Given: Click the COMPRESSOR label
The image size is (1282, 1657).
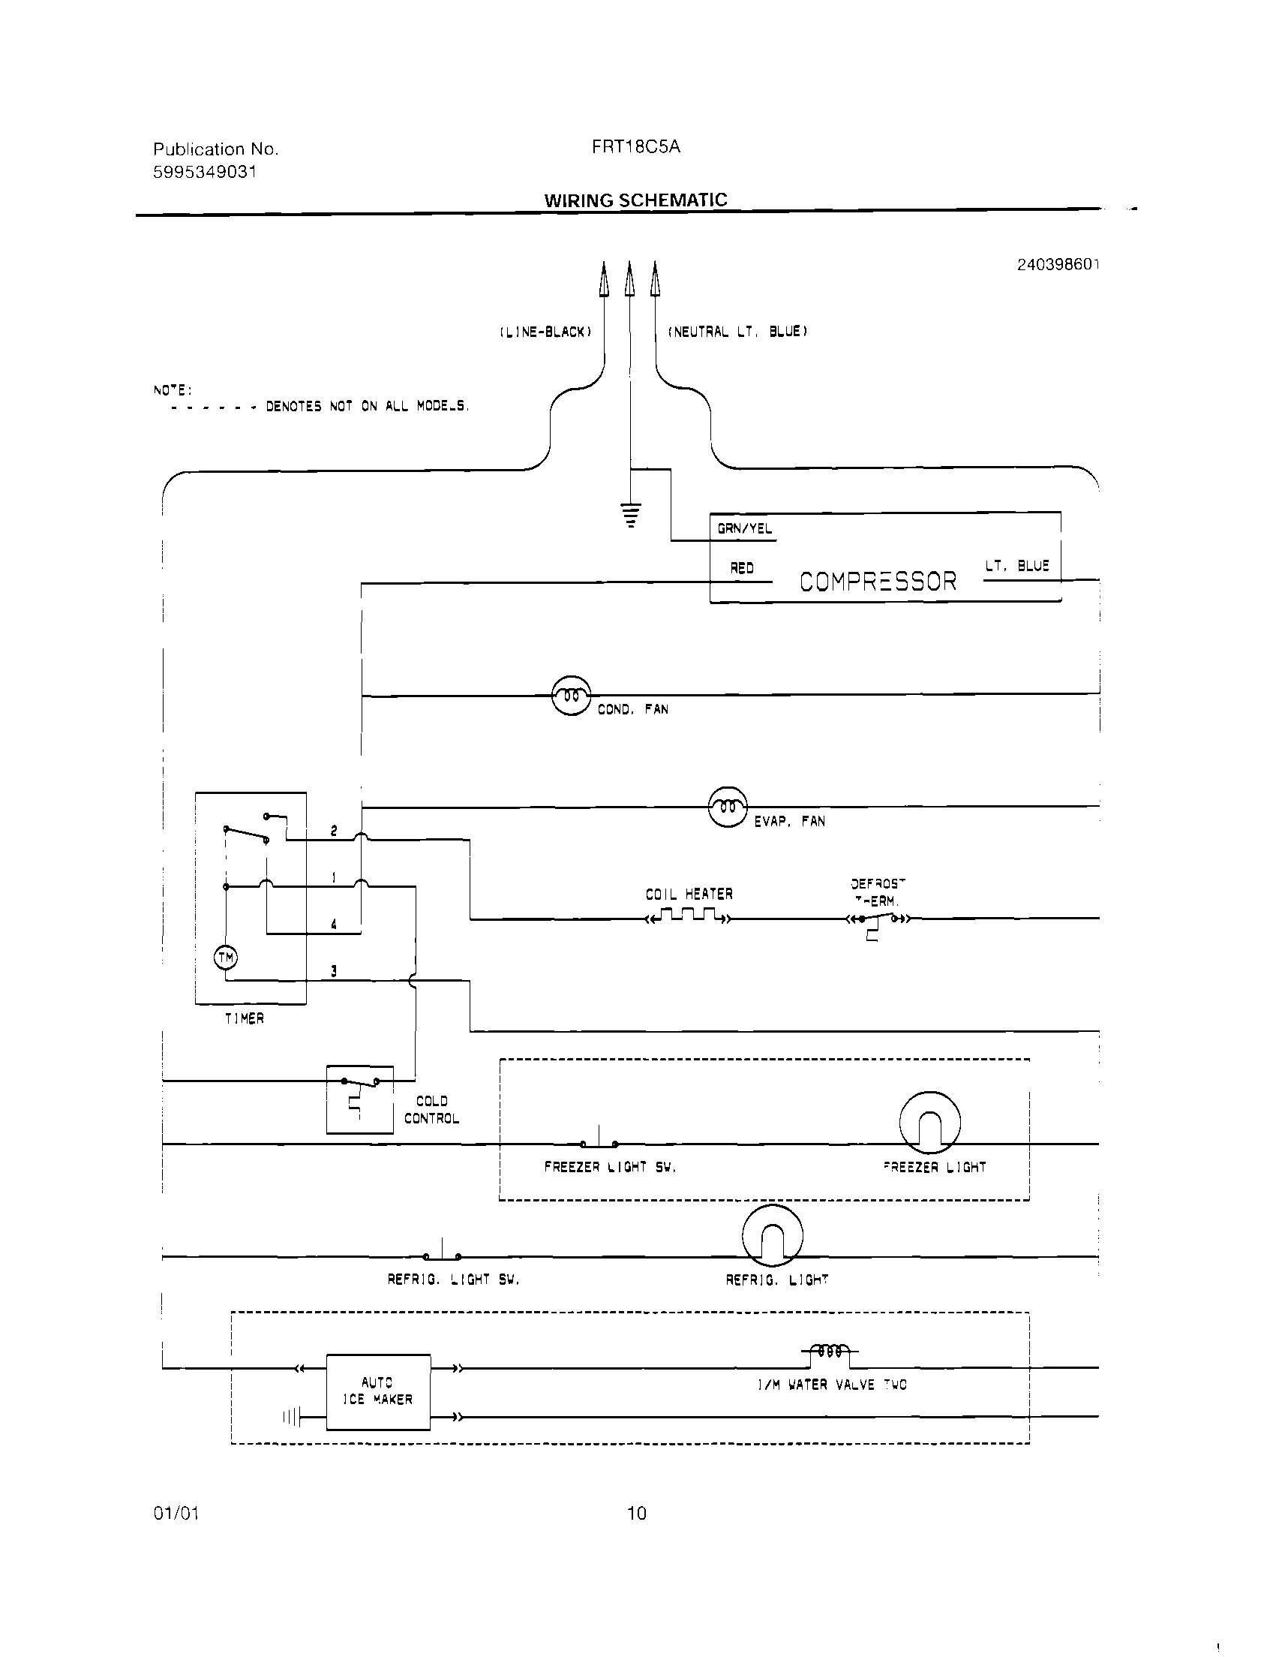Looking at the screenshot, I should (x=878, y=582).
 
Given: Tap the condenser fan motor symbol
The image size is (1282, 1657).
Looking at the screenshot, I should (x=570, y=695).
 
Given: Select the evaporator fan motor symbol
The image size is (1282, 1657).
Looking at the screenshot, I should (x=727, y=807).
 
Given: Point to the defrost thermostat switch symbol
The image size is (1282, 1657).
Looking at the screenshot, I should (x=878, y=920).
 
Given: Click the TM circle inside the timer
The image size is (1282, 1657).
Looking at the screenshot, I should (x=225, y=958).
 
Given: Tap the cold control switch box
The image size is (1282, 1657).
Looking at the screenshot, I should (x=359, y=1099).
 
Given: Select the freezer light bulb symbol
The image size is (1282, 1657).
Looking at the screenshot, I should (x=929, y=1123).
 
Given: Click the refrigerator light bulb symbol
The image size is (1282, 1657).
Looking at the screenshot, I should (x=771, y=1235).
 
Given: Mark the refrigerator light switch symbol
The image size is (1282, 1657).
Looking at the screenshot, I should (x=442, y=1255).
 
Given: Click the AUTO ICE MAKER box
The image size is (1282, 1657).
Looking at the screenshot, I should (x=378, y=1391).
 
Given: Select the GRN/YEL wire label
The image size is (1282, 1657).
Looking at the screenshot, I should (x=744, y=529).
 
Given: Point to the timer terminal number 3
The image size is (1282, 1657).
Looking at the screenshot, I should (x=334, y=971).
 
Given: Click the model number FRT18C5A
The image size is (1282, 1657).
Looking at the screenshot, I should (x=635, y=147).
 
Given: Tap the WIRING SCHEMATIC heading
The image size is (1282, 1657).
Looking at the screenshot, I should (x=635, y=200).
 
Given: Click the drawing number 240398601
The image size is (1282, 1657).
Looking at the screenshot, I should (x=1058, y=264).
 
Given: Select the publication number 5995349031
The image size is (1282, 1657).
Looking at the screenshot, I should (x=205, y=172).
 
